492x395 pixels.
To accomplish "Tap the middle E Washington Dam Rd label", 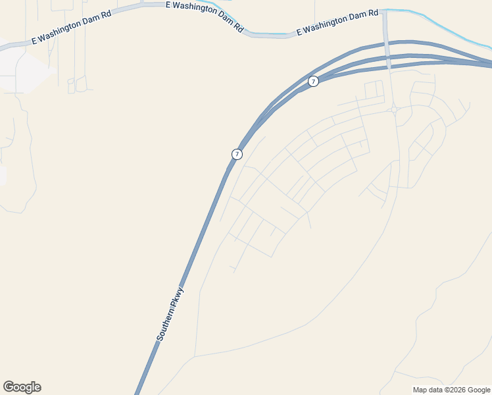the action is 205,17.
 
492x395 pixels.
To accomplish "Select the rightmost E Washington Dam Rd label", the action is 337,22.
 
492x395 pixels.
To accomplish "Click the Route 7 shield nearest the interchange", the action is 313,81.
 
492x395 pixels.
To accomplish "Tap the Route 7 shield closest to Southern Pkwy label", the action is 237,154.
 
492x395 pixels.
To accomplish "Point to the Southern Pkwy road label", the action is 170,313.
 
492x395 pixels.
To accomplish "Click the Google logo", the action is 22,387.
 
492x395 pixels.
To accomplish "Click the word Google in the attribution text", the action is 478,390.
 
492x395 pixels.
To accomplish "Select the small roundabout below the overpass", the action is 393,109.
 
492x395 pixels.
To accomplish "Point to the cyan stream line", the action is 447,26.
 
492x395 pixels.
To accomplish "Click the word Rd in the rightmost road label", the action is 373,13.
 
